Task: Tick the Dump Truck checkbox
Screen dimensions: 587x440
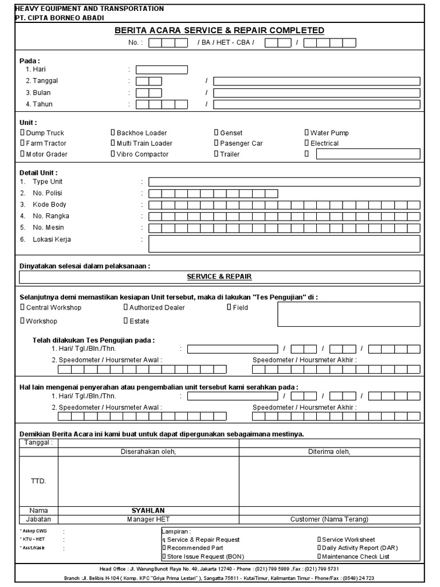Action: pyautogui.click(x=22, y=132)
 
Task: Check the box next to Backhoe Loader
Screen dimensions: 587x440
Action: pyautogui.click(x=113, y=132)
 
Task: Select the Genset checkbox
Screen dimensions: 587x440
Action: pyautogui.click(x=217, y=132)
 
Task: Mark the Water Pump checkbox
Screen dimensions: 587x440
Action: pyautogui.click(x=307, y=132)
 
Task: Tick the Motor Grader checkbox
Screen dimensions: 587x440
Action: pyautogui.click(x=22, y=154)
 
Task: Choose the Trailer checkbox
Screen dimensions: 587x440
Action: pyautogui.click(x=217, y=154)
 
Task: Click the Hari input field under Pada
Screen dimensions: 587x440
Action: pyautogui.click(x=162, y=70)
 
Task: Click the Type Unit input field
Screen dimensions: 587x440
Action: pyautogui.click(x=284, y=182)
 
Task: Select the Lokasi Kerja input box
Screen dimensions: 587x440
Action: pyautogui.click(x=284, y=244)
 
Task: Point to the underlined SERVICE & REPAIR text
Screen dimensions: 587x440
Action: pyautogui.click(x=219, y=276)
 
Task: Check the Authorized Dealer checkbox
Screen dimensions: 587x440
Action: pyautogui.click(x=125, y=307)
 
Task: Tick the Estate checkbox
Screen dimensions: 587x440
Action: pyautogui.click(x=125, y=321)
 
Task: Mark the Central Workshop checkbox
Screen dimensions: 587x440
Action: pyautogui.click(x=22, y=307)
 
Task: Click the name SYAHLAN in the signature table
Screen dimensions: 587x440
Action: pyautogui.click(x=148, y=510)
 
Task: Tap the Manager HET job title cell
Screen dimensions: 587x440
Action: pyautogui.click(x=148, y=519)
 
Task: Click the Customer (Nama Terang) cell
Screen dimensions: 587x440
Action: pyautogui.click(x=329, y=519)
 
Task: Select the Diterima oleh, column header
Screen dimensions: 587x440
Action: pyautogui.click(x=329, y=452)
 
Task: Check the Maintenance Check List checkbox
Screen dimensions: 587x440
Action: pyautogui.click(x=319, y=556)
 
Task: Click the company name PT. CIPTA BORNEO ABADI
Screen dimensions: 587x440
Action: pyautogui.click(x=60, y=18)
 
